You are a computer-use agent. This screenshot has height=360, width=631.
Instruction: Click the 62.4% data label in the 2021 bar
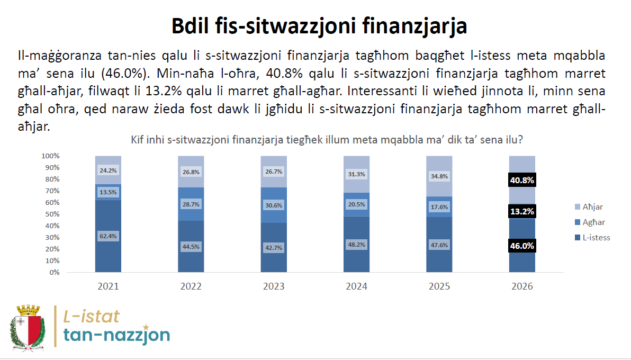(x=108, y=236)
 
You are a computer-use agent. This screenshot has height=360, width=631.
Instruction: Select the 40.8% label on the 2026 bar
(x=522, y=181)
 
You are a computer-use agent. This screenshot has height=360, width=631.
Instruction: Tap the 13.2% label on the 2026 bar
(x=522, y=211)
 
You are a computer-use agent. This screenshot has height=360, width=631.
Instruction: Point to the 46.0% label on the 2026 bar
(x=522, y=246)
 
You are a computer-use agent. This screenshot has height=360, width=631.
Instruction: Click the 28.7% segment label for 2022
(x=191, y=204)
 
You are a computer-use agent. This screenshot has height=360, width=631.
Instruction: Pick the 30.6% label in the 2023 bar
(x=274, y=205)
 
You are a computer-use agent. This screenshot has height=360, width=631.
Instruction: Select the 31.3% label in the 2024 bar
(x=357, y=174)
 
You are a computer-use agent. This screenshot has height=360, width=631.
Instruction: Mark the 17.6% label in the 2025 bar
(x=439, y=207)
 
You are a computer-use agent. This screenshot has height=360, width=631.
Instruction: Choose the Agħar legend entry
(x=590, y=222)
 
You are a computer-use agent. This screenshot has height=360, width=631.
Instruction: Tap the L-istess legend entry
(x=592, y=238)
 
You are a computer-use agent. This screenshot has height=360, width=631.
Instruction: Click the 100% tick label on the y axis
(x=50, y=156)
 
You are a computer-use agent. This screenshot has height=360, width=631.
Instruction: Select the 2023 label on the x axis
(x=274, y=286)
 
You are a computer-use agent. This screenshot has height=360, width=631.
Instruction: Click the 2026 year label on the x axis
(x=522, y=286)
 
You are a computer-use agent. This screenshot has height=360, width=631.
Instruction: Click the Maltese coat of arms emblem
(x=28, y=326)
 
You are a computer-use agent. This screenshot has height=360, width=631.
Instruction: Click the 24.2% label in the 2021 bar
(x=108, y=171)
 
